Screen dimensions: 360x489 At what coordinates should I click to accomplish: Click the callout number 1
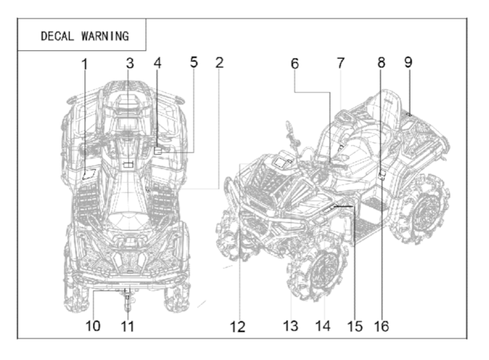click(x=84, y=64)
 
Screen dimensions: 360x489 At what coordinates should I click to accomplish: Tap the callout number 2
click(x=219, y=63)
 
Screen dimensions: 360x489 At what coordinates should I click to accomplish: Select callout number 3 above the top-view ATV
click(x=129, y=64)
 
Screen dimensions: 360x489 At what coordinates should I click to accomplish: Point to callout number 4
click(x=158, y=64)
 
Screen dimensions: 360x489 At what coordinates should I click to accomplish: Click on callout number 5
click(x=193, y=62)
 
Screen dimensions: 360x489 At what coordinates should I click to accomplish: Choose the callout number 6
click(x=295, y=64)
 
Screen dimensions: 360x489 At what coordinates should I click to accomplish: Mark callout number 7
click(x=341, y=64)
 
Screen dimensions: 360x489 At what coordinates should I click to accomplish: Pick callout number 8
click(x=381, y=64)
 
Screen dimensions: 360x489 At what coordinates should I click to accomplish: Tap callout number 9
click(x=408, y=64)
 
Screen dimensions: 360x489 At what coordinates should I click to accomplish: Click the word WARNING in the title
click(x=104, y=36)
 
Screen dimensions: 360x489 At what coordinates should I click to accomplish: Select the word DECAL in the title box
click(x=56, y=36)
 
